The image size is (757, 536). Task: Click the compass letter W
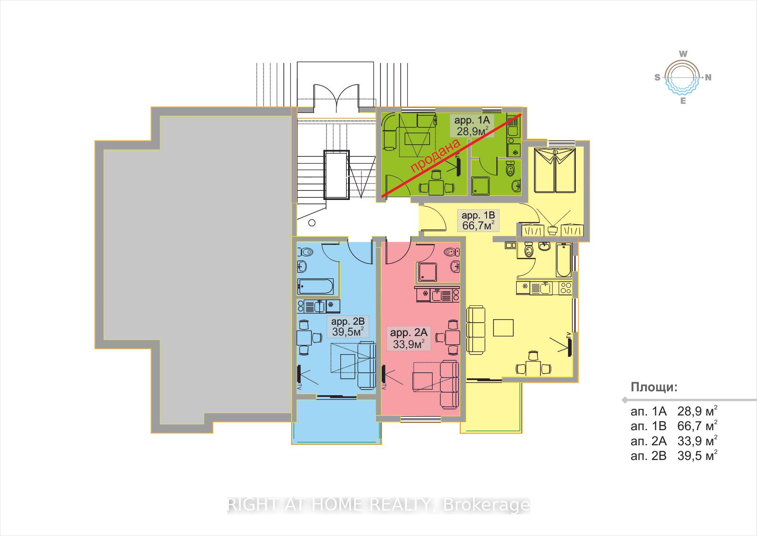coord(683,54)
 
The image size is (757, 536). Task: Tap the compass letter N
coord(708,78)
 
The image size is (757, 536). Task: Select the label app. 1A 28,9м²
coord(472,125)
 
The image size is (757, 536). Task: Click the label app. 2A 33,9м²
coord(408,338)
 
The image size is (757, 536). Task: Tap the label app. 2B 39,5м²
coord(348,327)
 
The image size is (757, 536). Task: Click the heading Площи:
coord(654,387)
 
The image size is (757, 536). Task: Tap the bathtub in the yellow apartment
coord(564,260)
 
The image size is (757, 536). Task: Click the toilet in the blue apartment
coord(306,252)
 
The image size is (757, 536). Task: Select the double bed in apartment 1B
coord(555,170)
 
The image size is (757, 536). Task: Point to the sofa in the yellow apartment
coord(476,330)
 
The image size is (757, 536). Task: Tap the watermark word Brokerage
coord(486,504)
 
